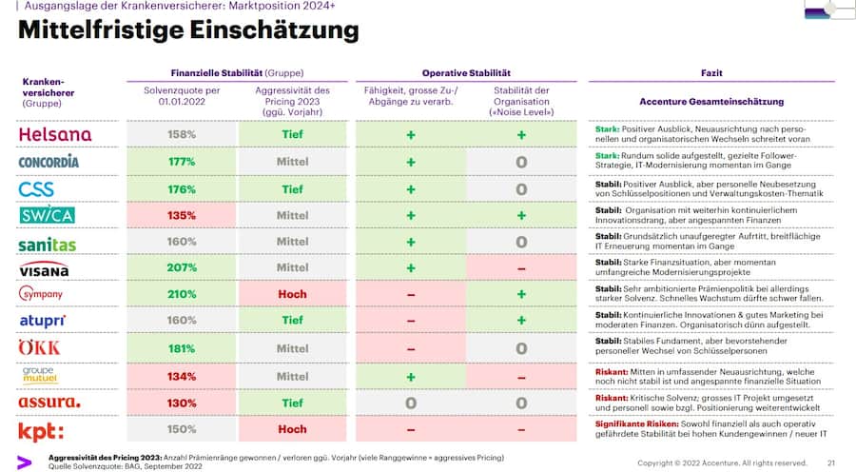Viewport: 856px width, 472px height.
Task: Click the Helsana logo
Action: [55, 135]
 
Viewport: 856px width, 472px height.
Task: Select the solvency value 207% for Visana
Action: [182, 268]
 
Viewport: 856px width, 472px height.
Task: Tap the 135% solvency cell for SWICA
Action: [182, 215]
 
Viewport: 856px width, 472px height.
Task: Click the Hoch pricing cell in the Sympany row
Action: [292, 295]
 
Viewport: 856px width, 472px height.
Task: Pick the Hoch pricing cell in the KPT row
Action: [292, 429]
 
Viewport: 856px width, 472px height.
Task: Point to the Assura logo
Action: [49, 403]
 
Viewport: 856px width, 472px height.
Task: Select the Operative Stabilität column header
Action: [466, 72]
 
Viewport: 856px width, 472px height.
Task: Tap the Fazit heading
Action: [710, 72]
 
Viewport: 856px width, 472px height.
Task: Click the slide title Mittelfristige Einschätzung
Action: [188, 30]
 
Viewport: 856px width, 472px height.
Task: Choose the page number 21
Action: [830, 462]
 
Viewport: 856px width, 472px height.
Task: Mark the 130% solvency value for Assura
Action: [182, 403]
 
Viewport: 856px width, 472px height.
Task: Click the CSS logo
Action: [37, 188]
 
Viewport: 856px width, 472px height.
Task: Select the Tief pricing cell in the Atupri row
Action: [292, 322]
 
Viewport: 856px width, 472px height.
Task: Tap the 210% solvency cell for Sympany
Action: [182, 295]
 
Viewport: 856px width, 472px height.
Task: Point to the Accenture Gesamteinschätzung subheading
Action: [710, 102]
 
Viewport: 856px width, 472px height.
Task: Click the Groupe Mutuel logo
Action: [39, 375]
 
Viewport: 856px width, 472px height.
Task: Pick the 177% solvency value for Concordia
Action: [182, 162]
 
